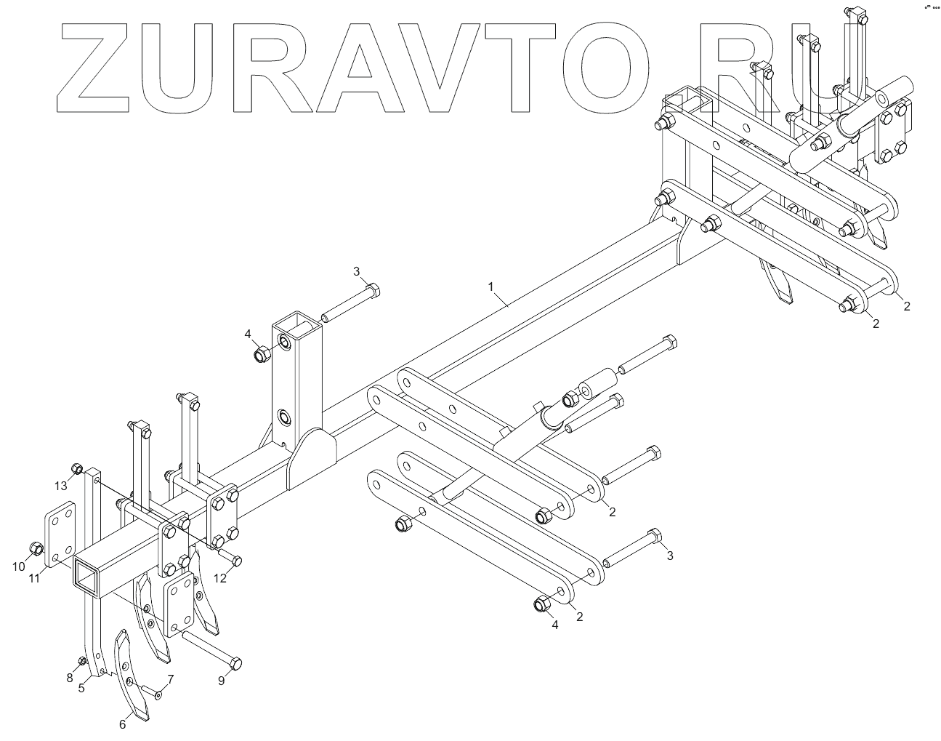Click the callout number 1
tap(491, 287)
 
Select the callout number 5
tap(82, 686)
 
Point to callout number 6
tap(123, 724)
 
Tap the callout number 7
tap(171, 679)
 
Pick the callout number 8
tap(70, 678)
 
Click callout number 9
tap(222, 681)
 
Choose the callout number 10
tap(19, 566)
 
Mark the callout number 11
tap(35, 577)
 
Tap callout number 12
tap(220, 578)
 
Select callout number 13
tap(61, 485)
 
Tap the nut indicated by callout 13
tap(76, 468)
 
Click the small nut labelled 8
tap(82, 660)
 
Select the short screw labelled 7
tap(153, 693)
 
